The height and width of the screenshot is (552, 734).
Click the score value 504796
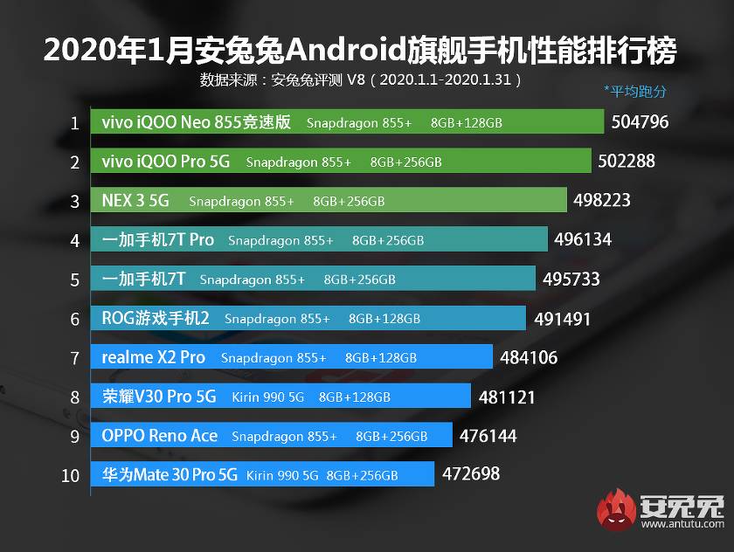click(640, 121)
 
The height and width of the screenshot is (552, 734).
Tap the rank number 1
click(75, 122)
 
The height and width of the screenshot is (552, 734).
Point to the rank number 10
click(72, 475)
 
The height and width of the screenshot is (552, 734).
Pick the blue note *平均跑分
click(634, 90)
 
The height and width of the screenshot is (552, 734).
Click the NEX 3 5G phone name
click(135, 201)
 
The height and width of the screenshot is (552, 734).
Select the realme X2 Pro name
click(153, 357)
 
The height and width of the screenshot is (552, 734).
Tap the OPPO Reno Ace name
click(159, 436)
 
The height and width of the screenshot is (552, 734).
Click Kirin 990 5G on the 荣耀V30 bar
click(267, 397)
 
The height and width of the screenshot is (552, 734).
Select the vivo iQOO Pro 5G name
click(165, 162)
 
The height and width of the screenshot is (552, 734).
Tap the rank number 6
click(75, 318)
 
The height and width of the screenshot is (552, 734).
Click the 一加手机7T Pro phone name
click(157, 239)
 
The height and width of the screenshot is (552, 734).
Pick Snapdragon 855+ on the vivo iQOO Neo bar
click(358, 123)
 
